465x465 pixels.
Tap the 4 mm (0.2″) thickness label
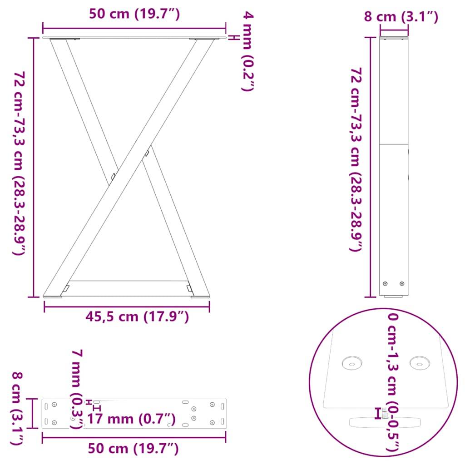[x=247, y=52]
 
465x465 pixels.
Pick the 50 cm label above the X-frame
[x=134, y=15]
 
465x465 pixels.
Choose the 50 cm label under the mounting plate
[x=133, y=449]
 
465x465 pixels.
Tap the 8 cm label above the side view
[x=401, y=17]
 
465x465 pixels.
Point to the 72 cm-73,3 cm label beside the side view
[x=356, y=159]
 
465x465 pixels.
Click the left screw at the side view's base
[x=386, y=284]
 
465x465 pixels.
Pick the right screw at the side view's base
[x=401, y=284]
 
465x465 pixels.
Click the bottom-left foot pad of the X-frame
[x=53, y=297]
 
